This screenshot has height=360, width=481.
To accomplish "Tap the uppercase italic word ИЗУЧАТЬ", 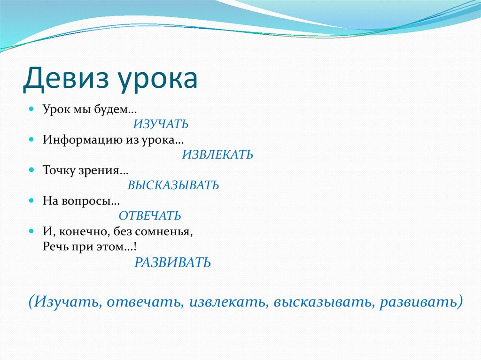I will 161,124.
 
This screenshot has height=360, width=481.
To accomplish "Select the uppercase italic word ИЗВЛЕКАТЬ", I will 217,154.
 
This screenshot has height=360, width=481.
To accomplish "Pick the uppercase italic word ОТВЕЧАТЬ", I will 150,215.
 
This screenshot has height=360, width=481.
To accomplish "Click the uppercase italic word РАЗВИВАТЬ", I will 172,262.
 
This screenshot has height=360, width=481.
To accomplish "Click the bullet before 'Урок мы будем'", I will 31,109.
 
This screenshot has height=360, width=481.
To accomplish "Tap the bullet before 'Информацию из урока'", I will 31,139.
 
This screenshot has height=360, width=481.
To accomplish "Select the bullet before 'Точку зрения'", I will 31,170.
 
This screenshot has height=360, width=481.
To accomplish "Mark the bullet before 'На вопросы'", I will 31,200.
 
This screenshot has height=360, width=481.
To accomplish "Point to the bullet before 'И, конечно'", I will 31,231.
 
